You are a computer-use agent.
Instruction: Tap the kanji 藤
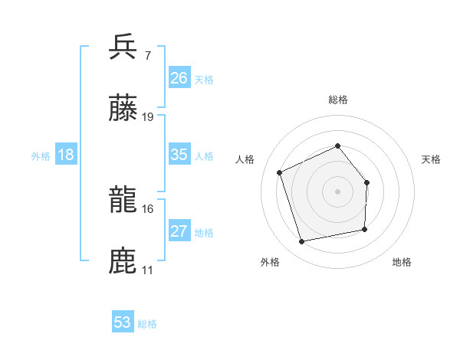click(123, 109)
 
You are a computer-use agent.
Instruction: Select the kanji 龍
click(123, 201)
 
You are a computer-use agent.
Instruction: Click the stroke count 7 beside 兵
click(147, 55)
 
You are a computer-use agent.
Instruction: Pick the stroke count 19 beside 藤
click(148, 117)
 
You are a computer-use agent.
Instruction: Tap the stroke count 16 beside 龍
click(148, 208)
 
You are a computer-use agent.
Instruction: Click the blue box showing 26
click(179, 78)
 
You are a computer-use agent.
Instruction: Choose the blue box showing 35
click(179, 155)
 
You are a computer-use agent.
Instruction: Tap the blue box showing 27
click(179, 231)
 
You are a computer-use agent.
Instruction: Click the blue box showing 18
click(66, 155)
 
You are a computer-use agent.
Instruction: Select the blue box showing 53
click(122, 322)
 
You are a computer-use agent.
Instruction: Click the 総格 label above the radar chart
click(337, 100)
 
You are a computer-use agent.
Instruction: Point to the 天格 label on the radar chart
click(432, 159)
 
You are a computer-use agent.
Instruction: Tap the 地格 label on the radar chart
click(402, 262)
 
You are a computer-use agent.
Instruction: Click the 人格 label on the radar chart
click(245, 159)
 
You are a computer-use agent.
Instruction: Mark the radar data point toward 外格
click(302, 242)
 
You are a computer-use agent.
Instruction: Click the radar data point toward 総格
click(337, 146)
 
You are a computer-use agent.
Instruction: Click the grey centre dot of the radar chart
click(337, 191)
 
